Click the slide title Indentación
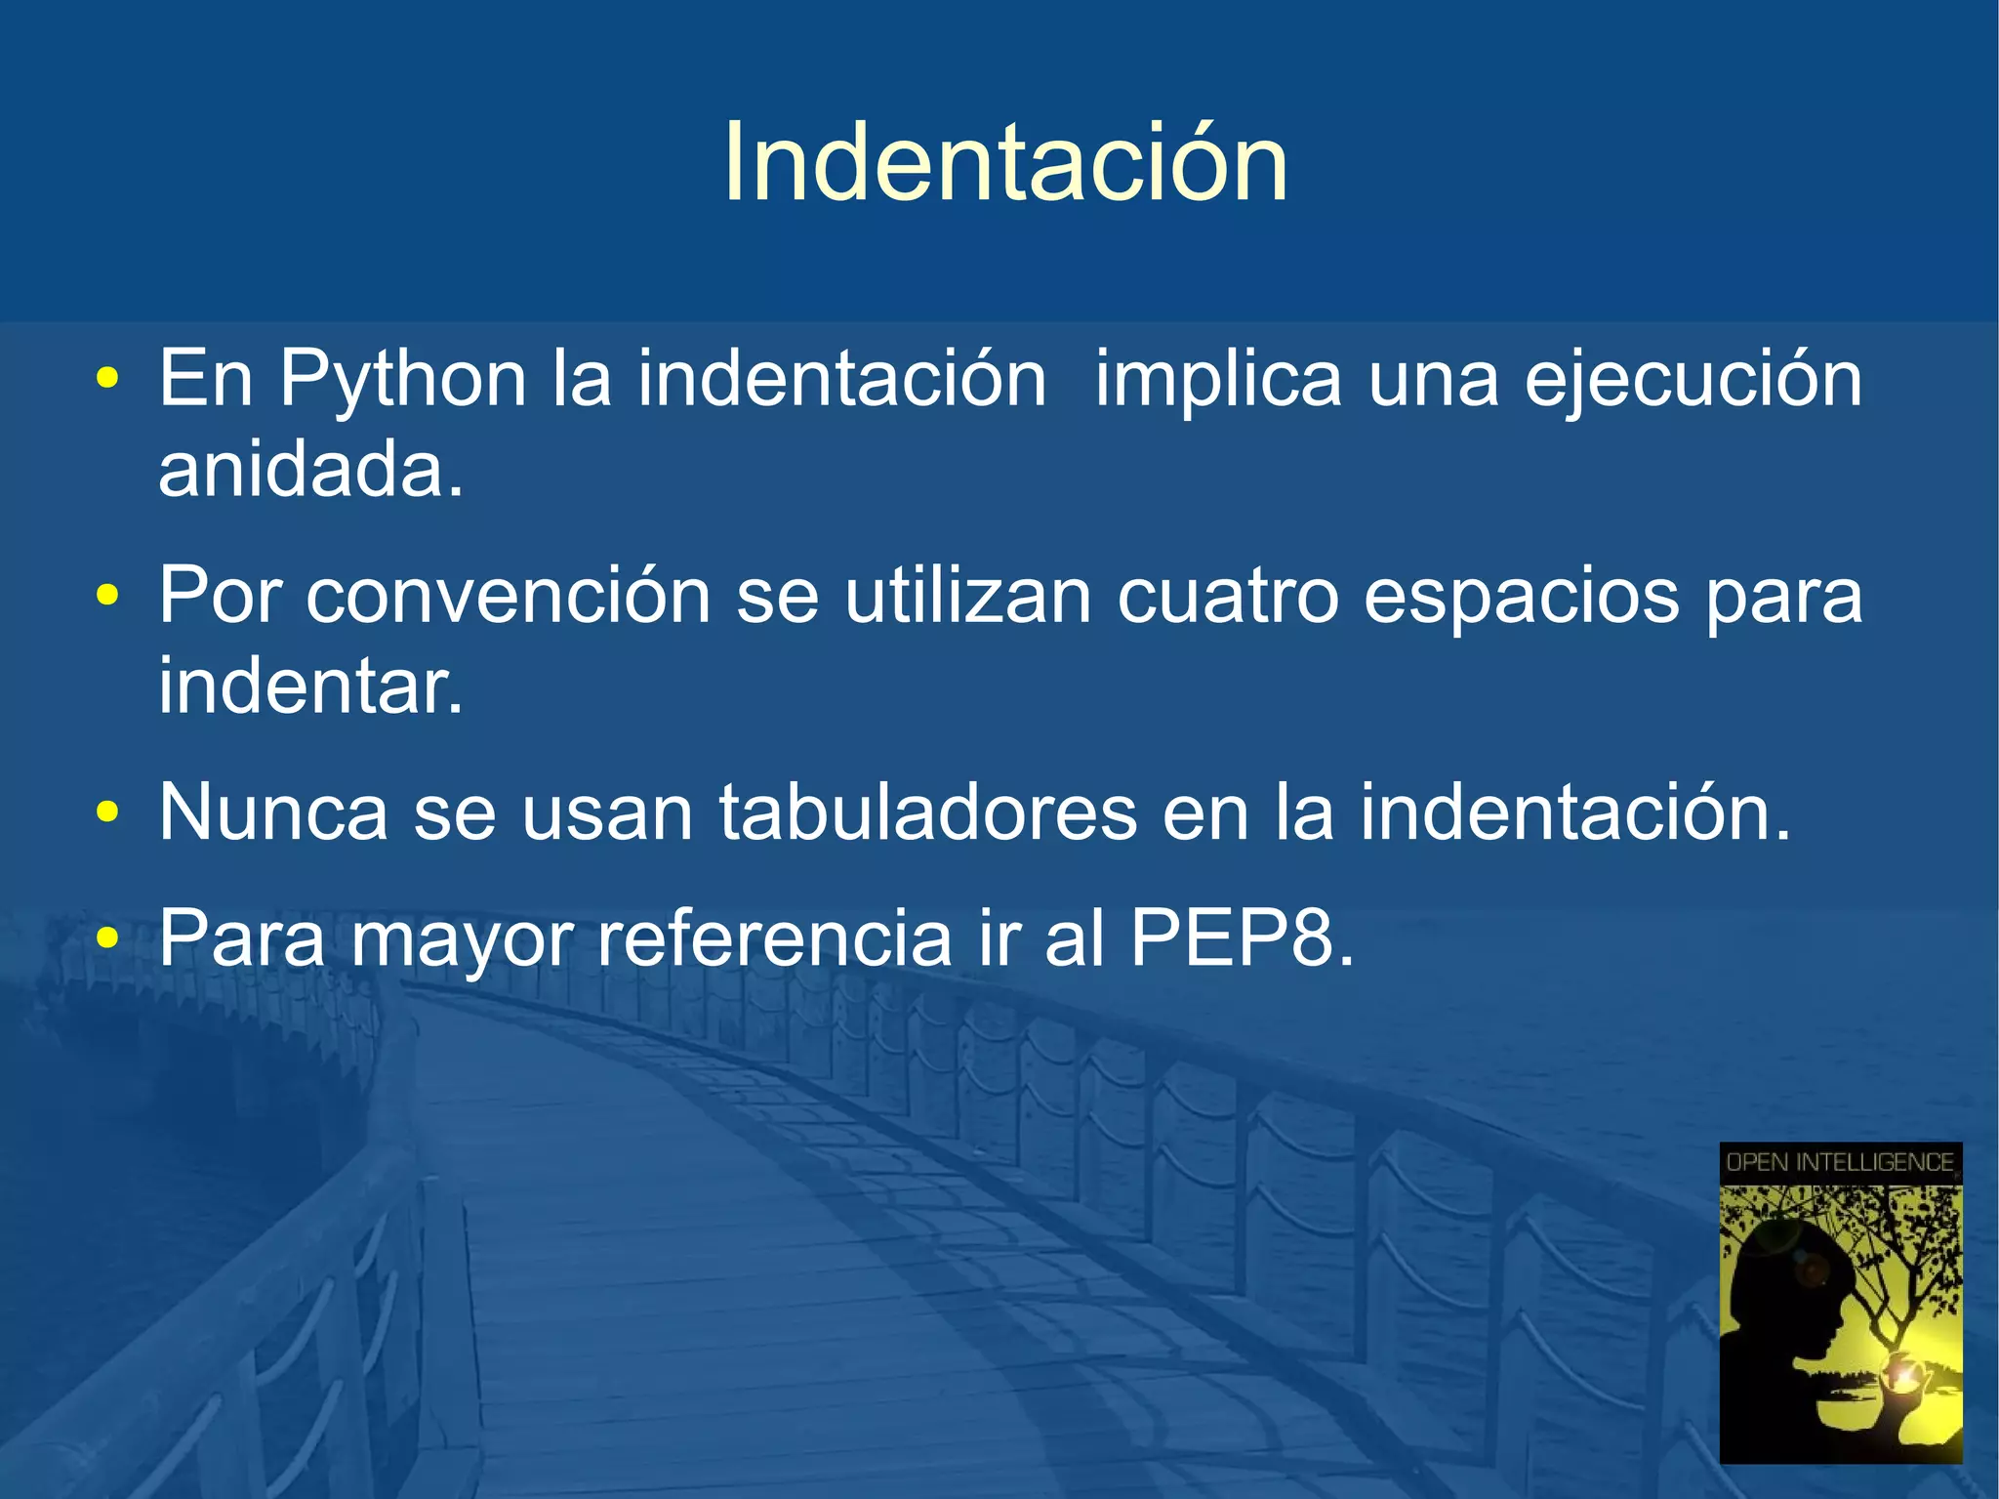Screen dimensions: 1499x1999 (1005, 163)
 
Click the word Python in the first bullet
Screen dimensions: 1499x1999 (403, 380)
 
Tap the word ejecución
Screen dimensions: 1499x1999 (1693, 380)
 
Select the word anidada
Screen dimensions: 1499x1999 (310, 469)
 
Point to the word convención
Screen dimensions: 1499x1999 (508, 596)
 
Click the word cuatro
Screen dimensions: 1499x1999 (1228, 596)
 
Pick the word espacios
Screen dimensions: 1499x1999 (1521, 598)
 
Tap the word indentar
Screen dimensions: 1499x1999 (310, 686)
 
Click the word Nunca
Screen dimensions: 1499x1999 (273, 812)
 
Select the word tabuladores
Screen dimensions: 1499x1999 (928, 812)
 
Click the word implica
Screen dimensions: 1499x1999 (1218, 380)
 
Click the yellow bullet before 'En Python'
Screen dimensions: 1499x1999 (107, 379)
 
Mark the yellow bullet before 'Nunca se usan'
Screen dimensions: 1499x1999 (107, 812)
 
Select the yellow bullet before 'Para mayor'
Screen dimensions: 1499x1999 (107, 938)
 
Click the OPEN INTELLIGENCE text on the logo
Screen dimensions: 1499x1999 (1840, 1162)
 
